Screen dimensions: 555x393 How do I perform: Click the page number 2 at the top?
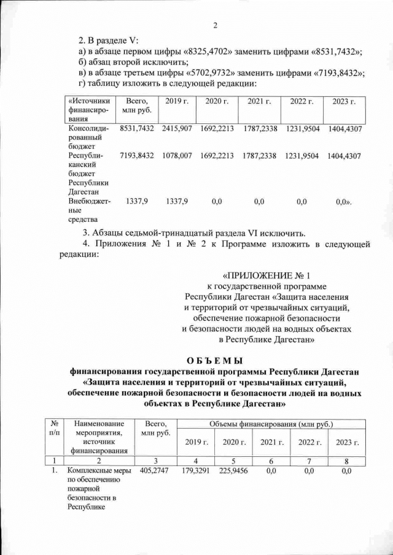pos(216,25)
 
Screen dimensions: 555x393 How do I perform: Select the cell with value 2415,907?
pos(177,129)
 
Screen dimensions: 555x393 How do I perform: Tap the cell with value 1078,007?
pos(177,156)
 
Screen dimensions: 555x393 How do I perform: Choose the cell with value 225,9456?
pos(233,470)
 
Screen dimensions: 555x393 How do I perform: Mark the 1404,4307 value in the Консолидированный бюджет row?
pos(344,129)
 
